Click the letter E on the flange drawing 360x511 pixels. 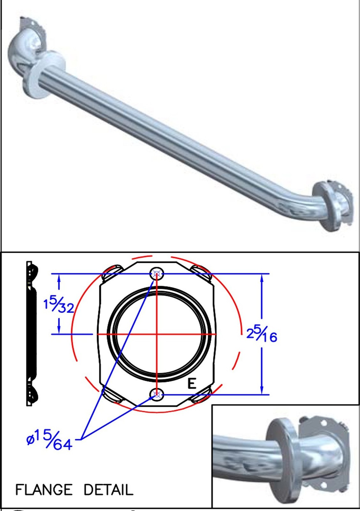tap(192, 383)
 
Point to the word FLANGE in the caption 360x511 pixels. tap(43, 489)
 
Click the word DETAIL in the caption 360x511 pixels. tap(109, 489)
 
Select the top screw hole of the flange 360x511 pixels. tap(157, 273)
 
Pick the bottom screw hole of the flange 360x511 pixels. tap(157, 394)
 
